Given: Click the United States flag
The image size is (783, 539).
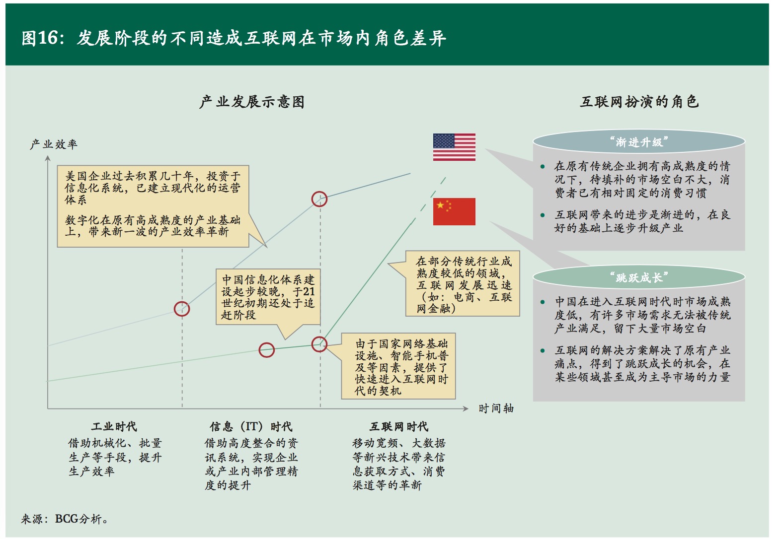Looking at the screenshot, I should (x=454, y=147).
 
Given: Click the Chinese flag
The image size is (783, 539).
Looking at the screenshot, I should (x=454, y=211).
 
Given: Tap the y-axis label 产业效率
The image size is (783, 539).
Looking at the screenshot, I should (x=54, y=144).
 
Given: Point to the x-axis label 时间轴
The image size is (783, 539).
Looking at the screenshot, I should (x=496, y=408).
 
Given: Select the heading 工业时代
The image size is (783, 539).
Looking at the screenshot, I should (x=114, y=426).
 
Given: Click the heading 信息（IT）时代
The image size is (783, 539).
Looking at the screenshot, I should (x=251, y=426).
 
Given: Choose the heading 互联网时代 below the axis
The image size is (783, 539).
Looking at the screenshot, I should (x=398, y=426).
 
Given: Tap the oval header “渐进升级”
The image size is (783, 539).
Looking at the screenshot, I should (x=638, y=142).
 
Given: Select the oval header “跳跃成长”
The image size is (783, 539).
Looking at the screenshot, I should (x=638, y=277).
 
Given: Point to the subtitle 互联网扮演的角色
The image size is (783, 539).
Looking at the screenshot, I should (x=639, y=102).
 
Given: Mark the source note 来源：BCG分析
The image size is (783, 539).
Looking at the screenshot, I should (x=65, y=519).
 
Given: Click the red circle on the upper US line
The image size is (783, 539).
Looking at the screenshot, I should (x=319, y=199).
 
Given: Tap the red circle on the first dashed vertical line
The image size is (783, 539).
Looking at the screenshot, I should (x=182, y=309).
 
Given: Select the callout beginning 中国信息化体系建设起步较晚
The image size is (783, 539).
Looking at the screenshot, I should (x=268, y=297).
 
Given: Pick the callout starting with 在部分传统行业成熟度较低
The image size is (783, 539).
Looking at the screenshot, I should (x=463, y=284).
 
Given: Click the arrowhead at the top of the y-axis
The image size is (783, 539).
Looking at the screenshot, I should (x=48, y=158).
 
